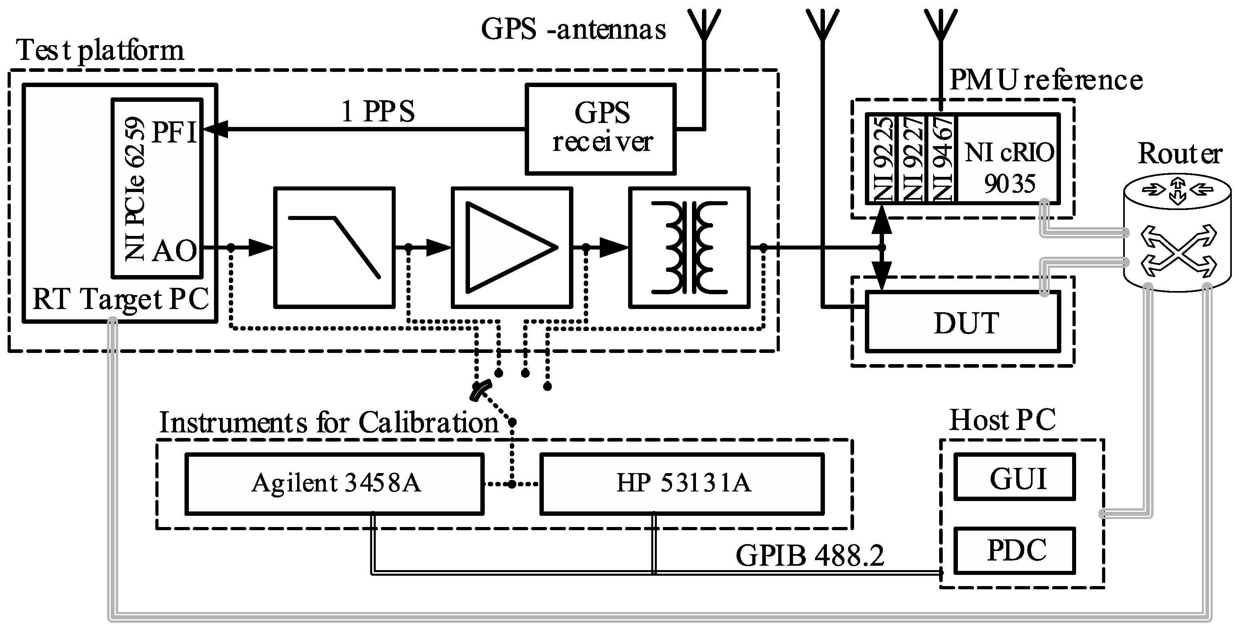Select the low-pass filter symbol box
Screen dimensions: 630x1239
(x=334, y=247)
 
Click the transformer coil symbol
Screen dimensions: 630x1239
(x=689, y=247)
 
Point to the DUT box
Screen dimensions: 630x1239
(x=963, y=323)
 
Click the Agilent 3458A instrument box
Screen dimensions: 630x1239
(x=334, y=483)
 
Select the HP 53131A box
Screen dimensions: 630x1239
(x=682, y=483)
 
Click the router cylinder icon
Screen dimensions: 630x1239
(x=1177, y=236)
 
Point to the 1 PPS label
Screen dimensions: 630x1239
(x=378, y=111)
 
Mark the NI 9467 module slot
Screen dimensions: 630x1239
(x=943, y=159)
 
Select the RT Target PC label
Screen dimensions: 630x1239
(x=120, y=299)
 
